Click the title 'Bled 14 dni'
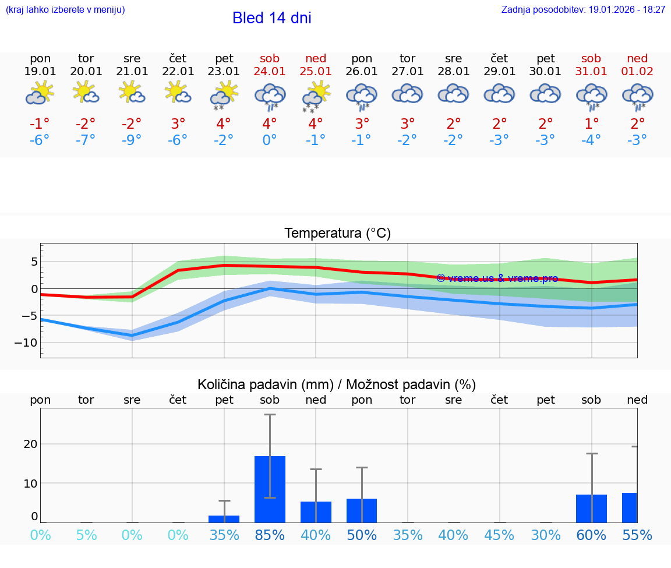point(271,18)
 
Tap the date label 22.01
point(178,72)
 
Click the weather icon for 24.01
point(270,96)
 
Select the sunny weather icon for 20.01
point(86,93)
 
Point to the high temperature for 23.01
point(224,124)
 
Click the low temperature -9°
point(132,140)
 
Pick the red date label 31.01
point(591,72)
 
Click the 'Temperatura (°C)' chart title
point(337,234)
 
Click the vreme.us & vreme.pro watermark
point(497,278)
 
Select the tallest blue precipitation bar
point(270,489)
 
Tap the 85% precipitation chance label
point(270,535)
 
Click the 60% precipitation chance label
point(591,535)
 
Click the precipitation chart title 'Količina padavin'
point(337,384)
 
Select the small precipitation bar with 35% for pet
point(224,518)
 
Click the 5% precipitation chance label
point(86,535)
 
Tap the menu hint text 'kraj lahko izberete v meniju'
point(65,10)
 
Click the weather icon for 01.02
point(637,96)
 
